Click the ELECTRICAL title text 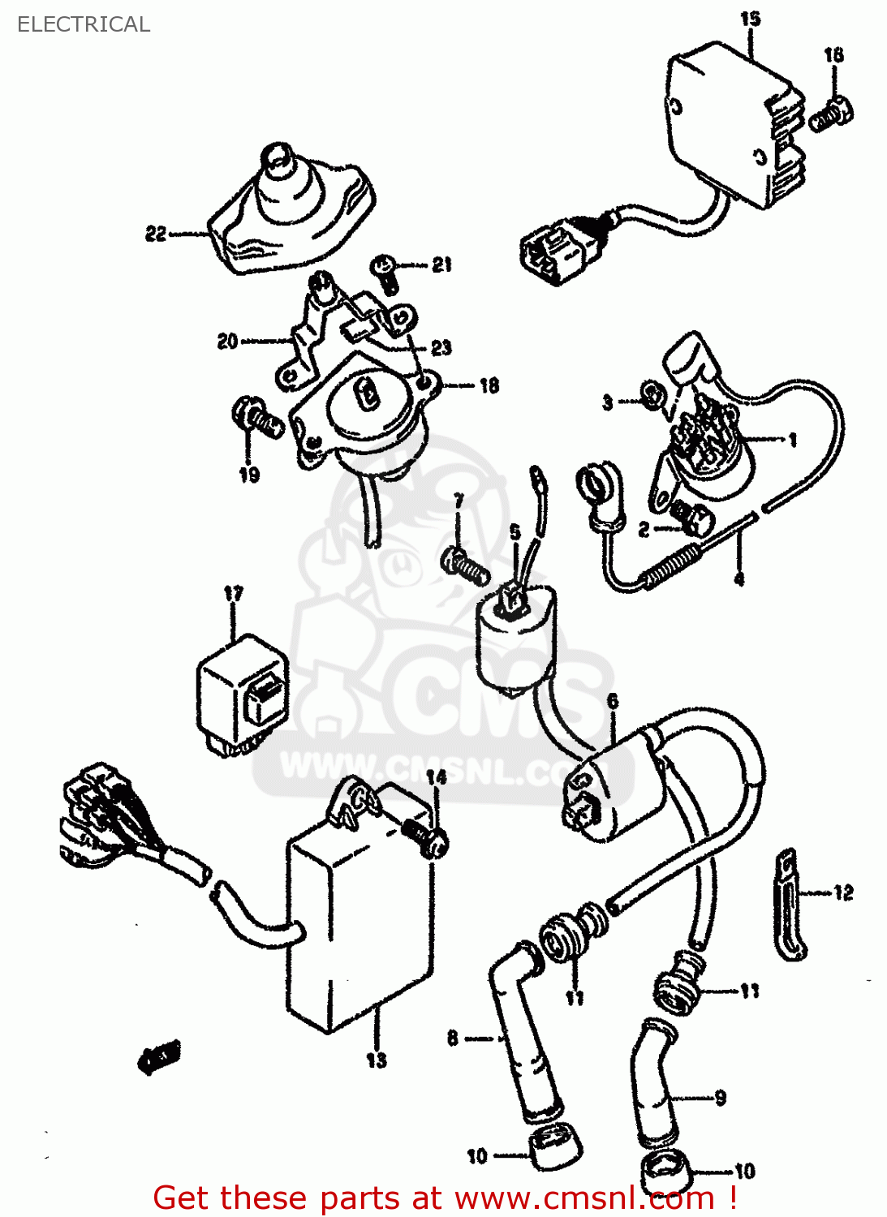point(83,24)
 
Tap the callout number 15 point(750,18)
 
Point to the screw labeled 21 point(385,272)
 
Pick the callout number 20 point(227,342)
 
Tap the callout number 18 point(489,385)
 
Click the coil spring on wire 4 point(670,566)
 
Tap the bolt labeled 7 point(464,563)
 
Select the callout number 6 point(613,701)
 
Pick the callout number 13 point(377,1060)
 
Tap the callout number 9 point(721,1099)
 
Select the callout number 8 point(452,1038)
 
